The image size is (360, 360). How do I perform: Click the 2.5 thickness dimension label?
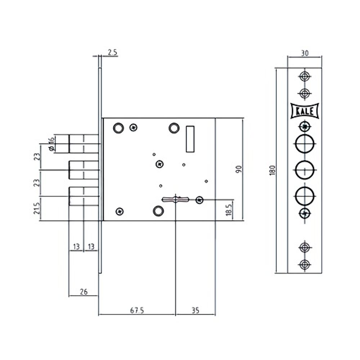pyautogui.click(x=112, y=53)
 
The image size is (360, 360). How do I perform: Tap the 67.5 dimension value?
pyautogui.click(x=137, y=310)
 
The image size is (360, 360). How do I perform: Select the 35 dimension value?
pyautogui.click(x=195, y=310)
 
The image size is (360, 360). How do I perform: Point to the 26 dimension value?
pyautogui.click(x=83, y=292)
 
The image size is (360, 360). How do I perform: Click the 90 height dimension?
pyautogui.click(x=238, y=169)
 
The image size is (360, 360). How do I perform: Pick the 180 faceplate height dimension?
pyautogui.click(x=272, y=170)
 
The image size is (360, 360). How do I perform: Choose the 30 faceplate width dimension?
pyautogui.click(x=305, y=53)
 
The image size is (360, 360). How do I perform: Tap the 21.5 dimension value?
pyautogui.click(x=36, y=208)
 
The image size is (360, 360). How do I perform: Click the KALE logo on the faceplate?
pyautogui.click(x=305, y=111)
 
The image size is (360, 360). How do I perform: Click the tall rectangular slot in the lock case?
pyautogui.click(x=190, y=139)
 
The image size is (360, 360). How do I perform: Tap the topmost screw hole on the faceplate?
pyautogui.click(x=305, y=76)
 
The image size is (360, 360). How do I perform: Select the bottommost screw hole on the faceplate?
pyautogui.click(x=305, y=264)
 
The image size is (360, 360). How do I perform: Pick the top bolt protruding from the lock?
pyautogui.click(x=84, y=144)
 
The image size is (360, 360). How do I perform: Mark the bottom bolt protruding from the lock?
pyautogui.click(x=84, y=196)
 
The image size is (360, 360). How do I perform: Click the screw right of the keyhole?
pyautogui.click(x=199, y=200)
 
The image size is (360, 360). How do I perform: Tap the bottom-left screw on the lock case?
pyautogui.click(x=120, y=212)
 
